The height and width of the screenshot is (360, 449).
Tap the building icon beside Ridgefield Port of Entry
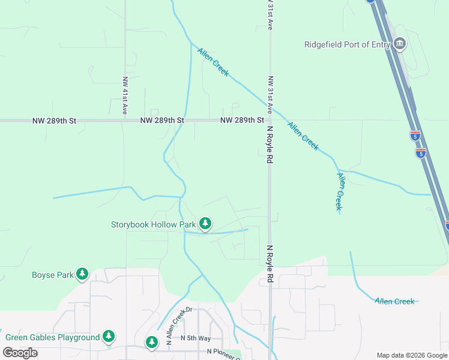[399, 44]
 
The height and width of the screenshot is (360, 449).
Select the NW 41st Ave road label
[125, 95]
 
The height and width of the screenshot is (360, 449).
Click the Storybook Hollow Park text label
[154, 224]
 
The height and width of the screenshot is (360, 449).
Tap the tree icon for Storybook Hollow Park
[205, 224]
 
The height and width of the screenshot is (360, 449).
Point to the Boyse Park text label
[52, 275]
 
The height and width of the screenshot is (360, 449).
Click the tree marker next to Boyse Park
[82, 275]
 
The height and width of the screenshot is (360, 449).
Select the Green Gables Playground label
[52, 337]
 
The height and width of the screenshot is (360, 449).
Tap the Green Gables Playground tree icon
[108, 337]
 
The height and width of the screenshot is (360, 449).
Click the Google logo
[20, 353]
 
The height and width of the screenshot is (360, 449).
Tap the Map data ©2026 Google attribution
[411, 355]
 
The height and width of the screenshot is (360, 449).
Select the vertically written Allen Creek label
[340, 191]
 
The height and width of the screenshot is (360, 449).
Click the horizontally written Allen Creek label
[394, 301]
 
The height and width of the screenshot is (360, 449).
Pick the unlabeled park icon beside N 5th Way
[151, 342]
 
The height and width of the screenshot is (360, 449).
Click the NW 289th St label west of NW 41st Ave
[55, 121]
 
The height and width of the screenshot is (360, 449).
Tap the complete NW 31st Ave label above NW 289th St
[271, 95]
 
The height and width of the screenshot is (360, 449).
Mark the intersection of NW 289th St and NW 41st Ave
[125, 121]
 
